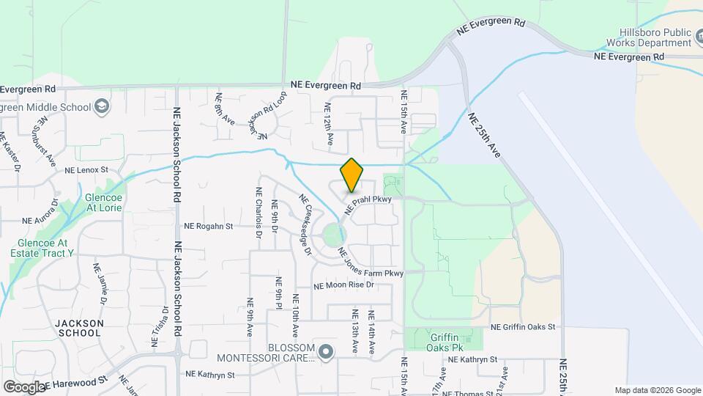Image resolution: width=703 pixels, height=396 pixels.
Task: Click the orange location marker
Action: [x=351, y=175]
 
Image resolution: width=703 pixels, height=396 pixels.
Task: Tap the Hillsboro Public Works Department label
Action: [x=654, y=37]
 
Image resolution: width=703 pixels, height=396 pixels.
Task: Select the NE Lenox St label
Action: [x=86, y=170]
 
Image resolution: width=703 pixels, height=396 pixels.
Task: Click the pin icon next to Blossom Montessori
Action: [x=326, y=353]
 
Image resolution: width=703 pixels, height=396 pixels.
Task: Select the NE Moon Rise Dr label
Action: [x=343, y=285]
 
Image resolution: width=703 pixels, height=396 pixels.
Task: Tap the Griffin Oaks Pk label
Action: [x=443, y=345]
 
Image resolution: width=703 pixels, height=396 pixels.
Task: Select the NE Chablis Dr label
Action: [x=258, y=213]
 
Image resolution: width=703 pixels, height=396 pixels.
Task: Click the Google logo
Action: [x=24, y=387]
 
